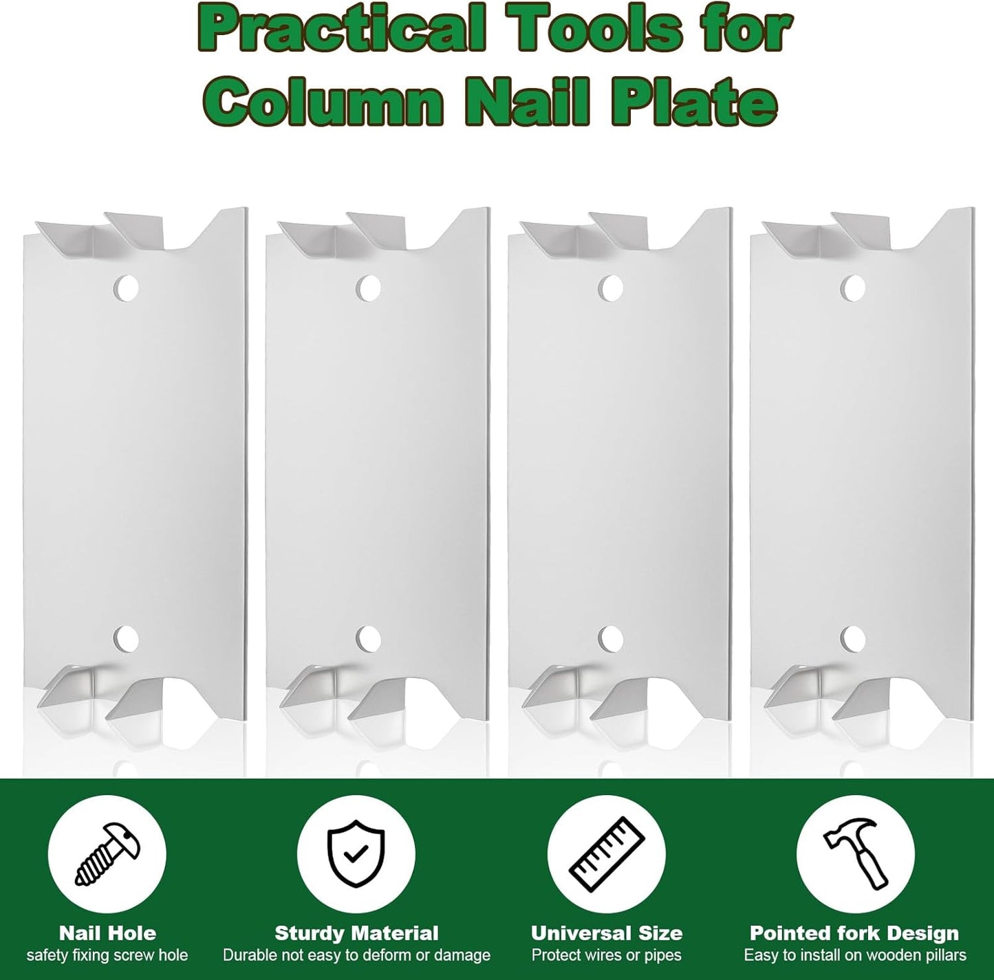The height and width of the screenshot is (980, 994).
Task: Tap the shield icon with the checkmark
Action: tap(356, 853)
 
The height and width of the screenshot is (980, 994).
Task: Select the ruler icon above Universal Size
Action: tap(606, 853)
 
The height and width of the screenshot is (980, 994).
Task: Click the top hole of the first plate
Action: tap(127, 287)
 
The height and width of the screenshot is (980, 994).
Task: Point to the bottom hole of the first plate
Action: tap(127, 638)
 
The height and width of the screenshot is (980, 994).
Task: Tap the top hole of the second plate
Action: tap(368, 287)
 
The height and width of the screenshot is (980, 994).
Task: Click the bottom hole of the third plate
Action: tap(612, 638)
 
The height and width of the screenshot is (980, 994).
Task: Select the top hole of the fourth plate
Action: tap(853, 287)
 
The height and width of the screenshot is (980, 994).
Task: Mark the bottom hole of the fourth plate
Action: tap(853, 638)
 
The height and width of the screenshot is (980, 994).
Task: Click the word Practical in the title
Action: tap(341, 32)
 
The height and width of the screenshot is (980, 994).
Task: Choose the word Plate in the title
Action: tap(694, 101)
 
